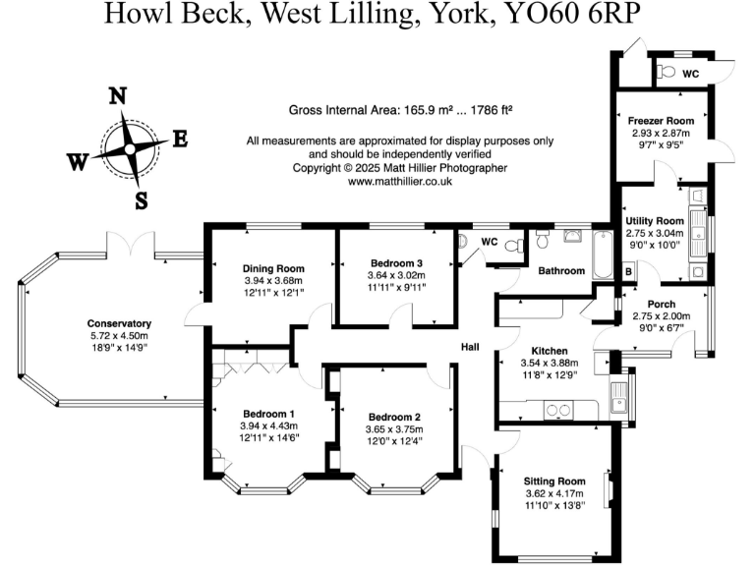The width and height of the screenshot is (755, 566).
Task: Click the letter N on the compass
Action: click(x=118, y=96)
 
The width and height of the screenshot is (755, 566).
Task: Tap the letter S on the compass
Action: click(x=141, y=201)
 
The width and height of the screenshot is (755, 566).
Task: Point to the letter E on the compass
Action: click(x=180, y=140)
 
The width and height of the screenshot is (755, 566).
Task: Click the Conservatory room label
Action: click(x=119, y=323)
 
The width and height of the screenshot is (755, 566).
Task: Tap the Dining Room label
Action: click(x=273, y=268)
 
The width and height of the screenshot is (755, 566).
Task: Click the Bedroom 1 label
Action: click(x=266, y=412)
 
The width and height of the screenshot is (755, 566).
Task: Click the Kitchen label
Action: click(x=550, y=351)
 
